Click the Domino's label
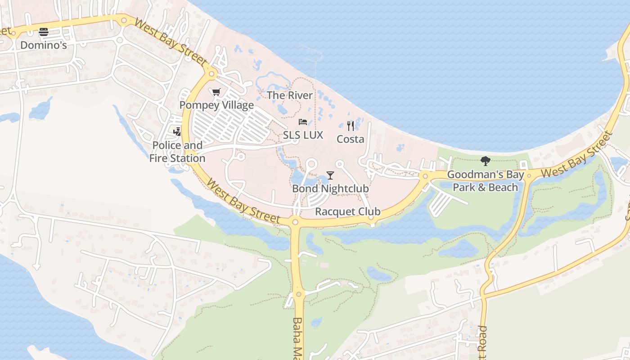click(44, 45)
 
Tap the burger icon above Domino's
click(44, 32)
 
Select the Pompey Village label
click(216, 105)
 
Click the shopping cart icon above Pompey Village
click(216, 92)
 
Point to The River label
click(289, 95)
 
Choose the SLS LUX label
click(303, 135)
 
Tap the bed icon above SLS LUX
click(303, 122)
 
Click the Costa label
click(351, 139)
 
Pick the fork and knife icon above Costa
click(351, 126)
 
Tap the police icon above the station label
click(177, 132)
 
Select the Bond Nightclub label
click(330, 189)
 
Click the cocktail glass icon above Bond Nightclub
click(330, 175)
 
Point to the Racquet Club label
click(348, 211)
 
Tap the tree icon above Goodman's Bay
click(485, 161)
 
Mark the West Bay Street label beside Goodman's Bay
click(576, 155)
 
